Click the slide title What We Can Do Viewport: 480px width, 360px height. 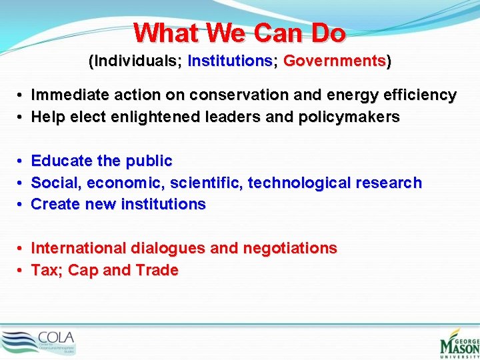click(x=239, y=33)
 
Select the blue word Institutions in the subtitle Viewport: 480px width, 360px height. click(x=229, y=61)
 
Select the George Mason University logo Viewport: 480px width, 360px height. click(x=459, y=341)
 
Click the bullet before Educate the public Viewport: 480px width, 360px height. click(x=21, y=161)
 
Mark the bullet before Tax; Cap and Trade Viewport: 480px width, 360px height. click(x=21, y=271)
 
